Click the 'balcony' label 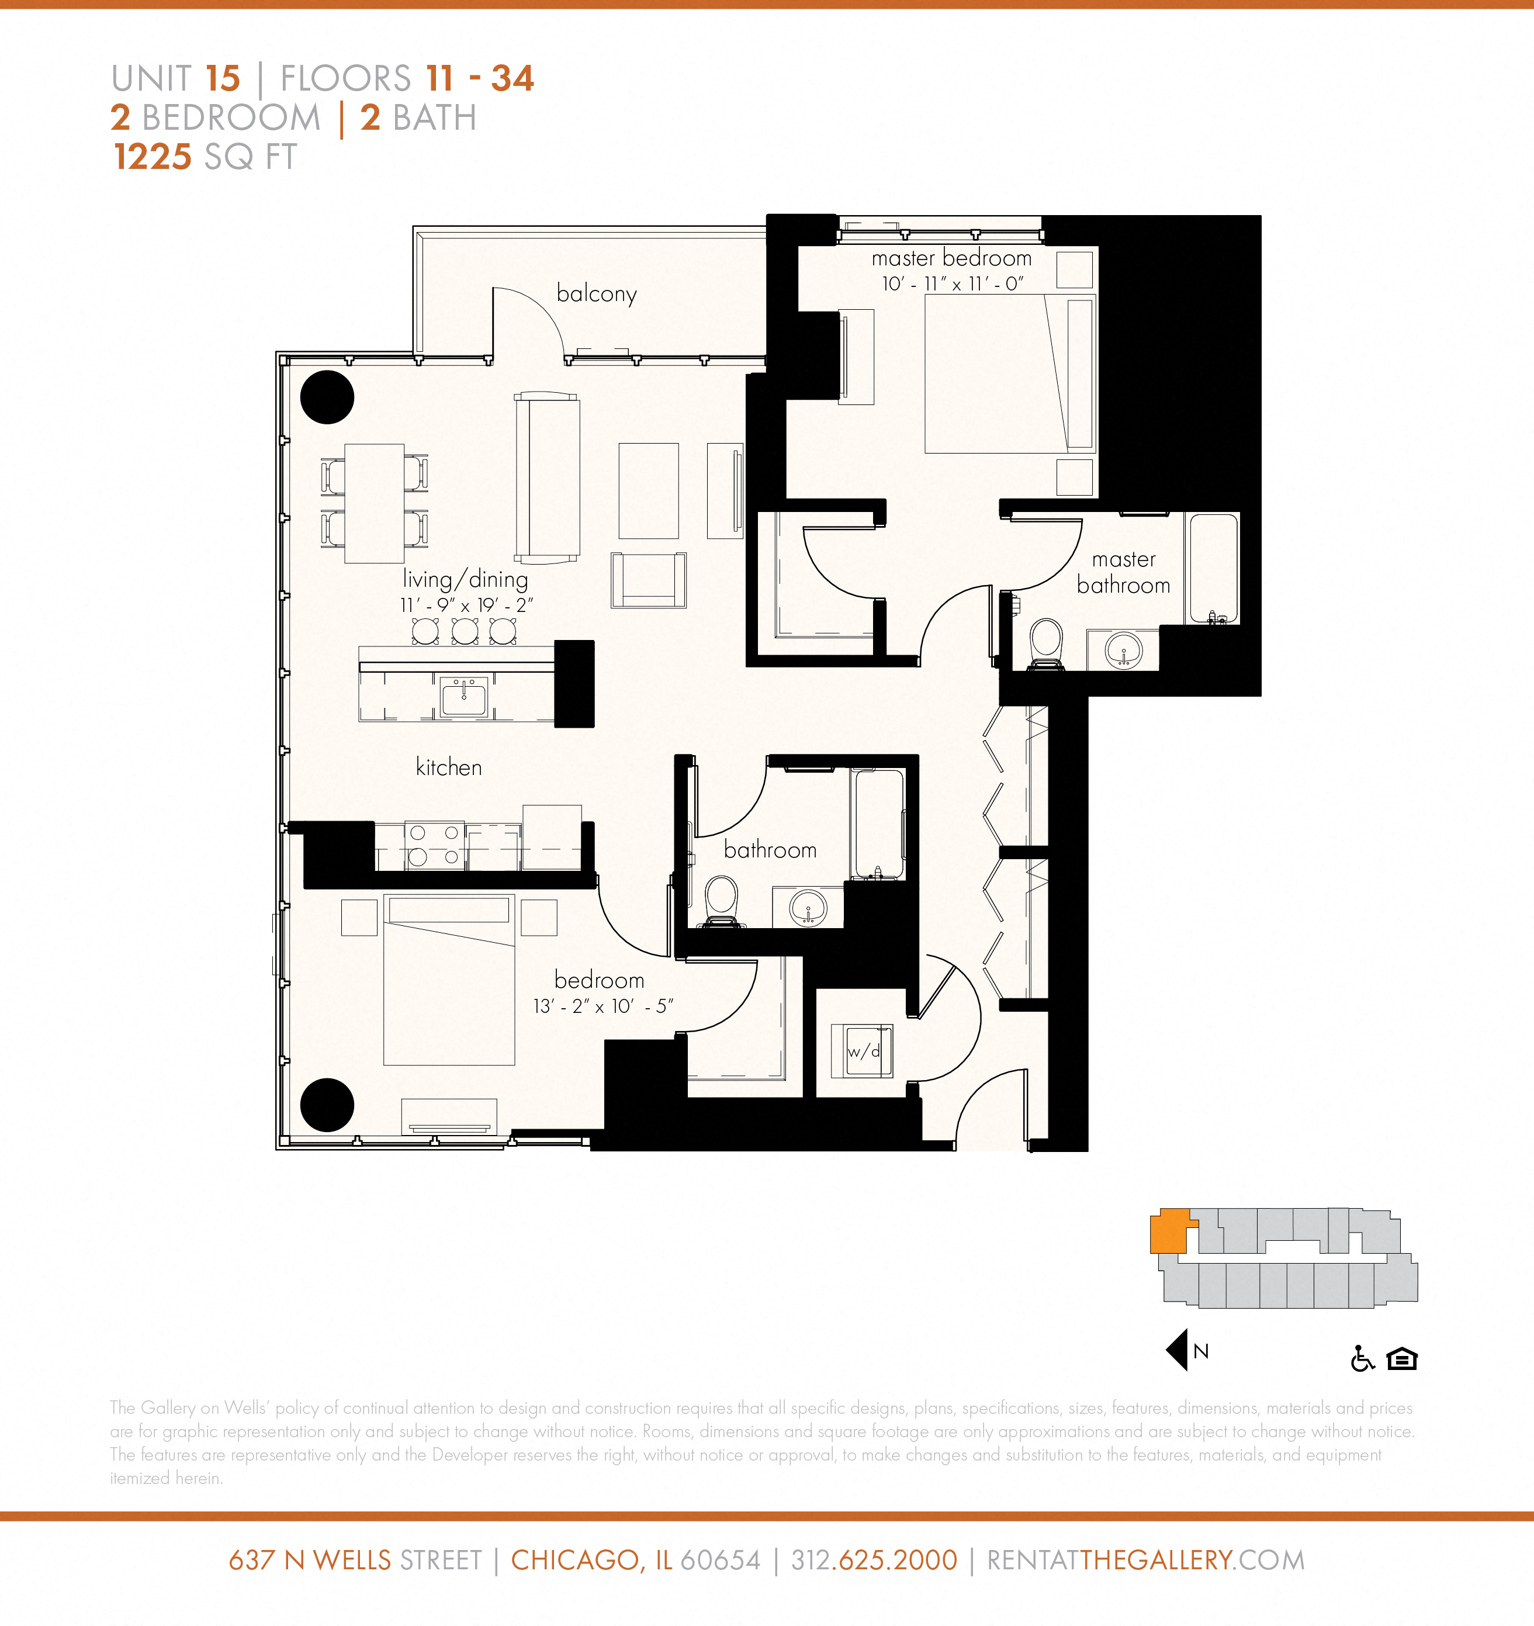(596, 293)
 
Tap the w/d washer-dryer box (862, 1051)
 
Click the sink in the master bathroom (1124, 651)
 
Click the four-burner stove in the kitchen (434, 845)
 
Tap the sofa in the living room (547, 478)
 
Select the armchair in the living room (649, 580)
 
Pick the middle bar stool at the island (465, 631)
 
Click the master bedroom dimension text (952, 284)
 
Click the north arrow (1178, 1350)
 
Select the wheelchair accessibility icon (1362, 1358)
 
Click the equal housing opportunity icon (1401, 1358)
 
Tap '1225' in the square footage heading (153, 157)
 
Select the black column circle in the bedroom (327, 1105)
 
